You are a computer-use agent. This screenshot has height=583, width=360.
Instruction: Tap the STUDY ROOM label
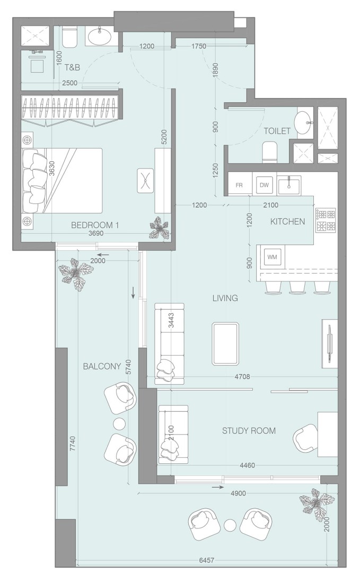tap(249, 430)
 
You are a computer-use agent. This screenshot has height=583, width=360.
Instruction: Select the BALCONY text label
tap(102, 366)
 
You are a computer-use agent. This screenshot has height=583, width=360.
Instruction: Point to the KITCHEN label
tap(287, 222)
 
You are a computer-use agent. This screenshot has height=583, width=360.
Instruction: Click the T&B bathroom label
tap(72, 67)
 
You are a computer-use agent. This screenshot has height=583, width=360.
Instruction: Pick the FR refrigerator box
tap(239, 185)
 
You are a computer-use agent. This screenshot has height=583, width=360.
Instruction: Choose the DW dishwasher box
tap(264, 185)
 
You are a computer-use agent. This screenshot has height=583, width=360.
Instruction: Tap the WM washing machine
tap(272, 257)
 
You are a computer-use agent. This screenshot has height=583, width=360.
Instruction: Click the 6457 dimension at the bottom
tap(206, 560)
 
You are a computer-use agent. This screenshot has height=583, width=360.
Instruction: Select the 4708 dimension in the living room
tap(242, 377)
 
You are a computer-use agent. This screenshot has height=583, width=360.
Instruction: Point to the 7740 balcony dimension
tap(73, 444)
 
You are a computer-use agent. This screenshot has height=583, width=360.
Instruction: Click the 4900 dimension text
tap(239, 493)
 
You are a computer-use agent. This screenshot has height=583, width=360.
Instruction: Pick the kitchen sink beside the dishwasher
tap(288, 185)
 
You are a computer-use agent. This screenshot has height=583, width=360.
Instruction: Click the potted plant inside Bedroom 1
tap(159, 227)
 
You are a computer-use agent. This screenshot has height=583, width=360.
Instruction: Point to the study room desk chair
tap(306, 437)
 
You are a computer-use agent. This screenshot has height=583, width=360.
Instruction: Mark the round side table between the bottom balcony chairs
tap(231, 525)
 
